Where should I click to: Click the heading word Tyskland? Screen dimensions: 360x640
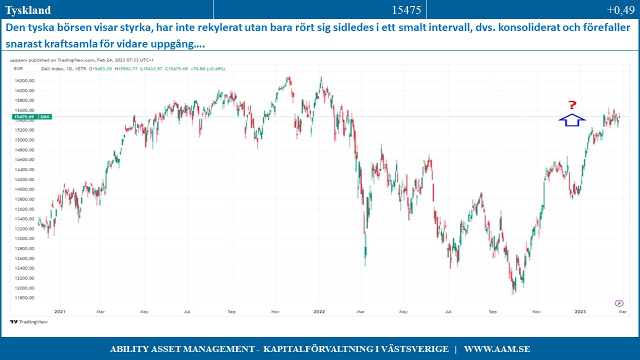click(28, 10)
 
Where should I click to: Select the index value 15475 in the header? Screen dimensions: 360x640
click(406, 10)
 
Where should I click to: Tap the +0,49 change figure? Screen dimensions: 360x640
click(620, 10)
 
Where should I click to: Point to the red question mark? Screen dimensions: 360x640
click(572, 105)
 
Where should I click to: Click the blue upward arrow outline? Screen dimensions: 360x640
click(571, 120)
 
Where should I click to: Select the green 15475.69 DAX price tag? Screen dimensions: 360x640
click(30, 116)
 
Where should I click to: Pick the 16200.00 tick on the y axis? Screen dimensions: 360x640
click(25, 80)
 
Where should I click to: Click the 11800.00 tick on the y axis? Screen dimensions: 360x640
click(25, 298)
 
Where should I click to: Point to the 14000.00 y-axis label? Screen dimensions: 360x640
click(25, 189)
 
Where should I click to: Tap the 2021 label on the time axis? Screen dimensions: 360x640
click(60, 311)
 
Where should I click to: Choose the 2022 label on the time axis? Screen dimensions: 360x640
click(319, 311)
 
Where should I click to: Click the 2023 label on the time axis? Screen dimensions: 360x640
click(580, 311)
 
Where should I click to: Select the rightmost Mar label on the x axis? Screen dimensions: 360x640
click(622, 311)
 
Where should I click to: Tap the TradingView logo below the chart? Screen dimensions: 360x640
click(29, 322)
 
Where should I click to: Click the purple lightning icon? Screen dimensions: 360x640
click(619, 303)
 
